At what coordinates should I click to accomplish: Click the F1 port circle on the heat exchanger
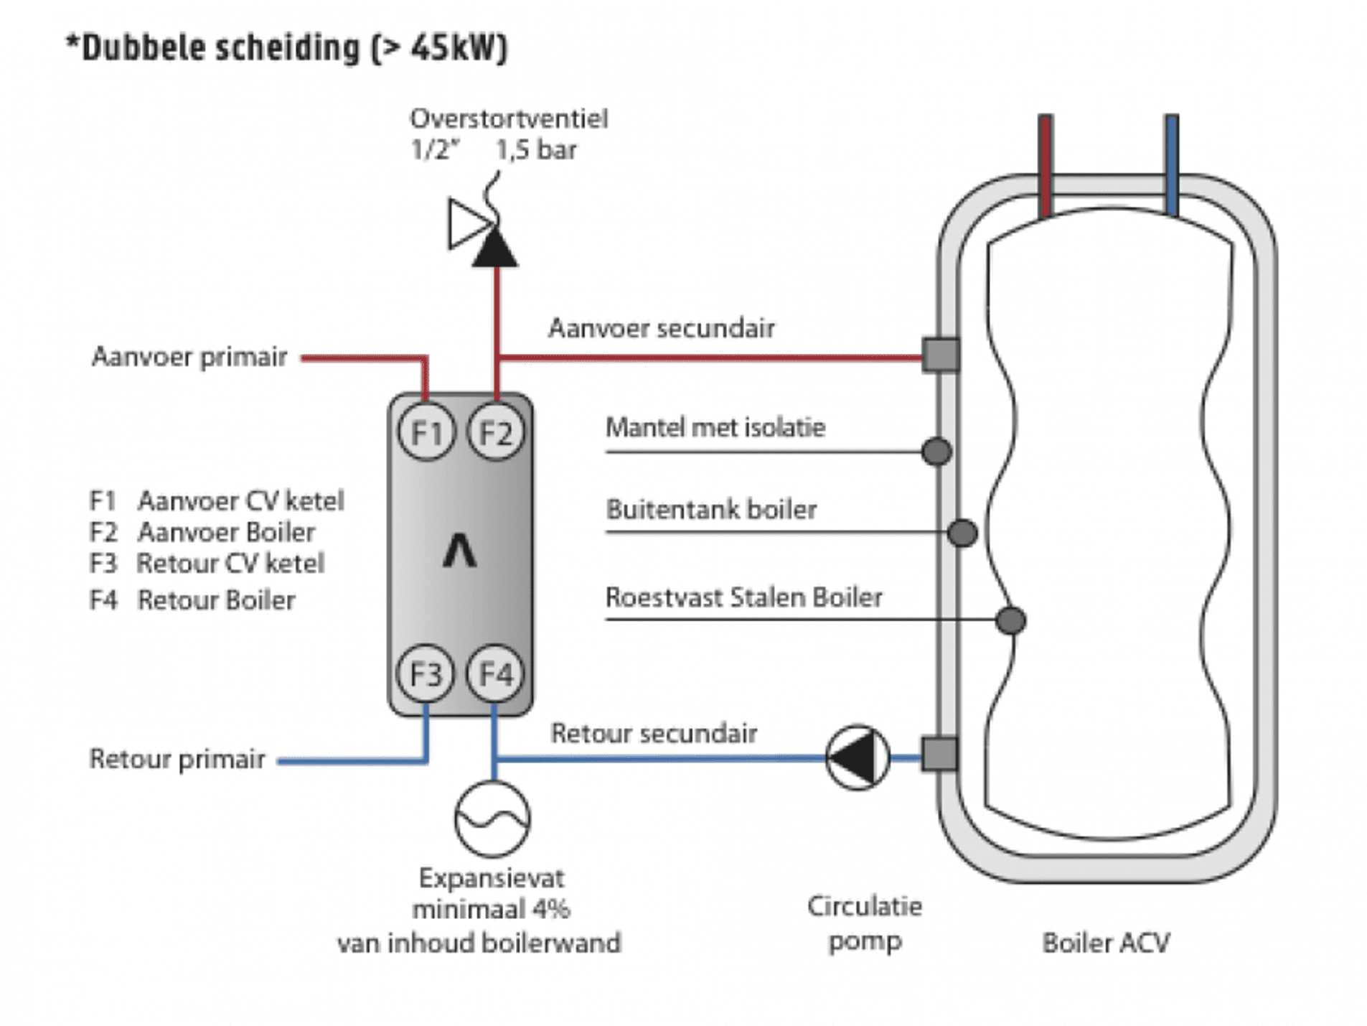[x=426, y=432]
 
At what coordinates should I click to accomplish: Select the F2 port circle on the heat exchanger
[x=496, y=432]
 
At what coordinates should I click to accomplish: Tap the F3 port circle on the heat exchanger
[x=426, y=673]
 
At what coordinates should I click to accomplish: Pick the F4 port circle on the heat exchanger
[x=495, y=673]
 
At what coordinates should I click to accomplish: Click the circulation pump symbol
[x=858, y=757]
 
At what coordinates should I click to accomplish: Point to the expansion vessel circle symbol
[x=492, y=819]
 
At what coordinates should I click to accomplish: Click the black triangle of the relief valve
[x=494, y=249]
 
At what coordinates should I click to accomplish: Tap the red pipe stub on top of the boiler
[x=1046, y=165]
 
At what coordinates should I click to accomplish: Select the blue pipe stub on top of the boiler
[x=1171, y=165]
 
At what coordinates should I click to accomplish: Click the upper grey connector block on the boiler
[x=940, y=355]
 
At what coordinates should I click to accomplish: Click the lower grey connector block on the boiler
[x=939, y=755]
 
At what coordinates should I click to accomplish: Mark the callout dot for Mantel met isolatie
[x=936, y=452]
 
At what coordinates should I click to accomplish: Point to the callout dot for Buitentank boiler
[x=962, y=533]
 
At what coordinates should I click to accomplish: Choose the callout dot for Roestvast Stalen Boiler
[x=1010, y=620]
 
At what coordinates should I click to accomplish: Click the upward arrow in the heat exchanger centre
[x=459, y=551]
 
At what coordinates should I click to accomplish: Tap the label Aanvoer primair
[x=189, y=357]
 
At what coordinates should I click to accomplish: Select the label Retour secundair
[x=654, y=733]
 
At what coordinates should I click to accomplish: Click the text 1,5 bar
[x=536, y=150]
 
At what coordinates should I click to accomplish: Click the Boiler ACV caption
[x=1106, y=943]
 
